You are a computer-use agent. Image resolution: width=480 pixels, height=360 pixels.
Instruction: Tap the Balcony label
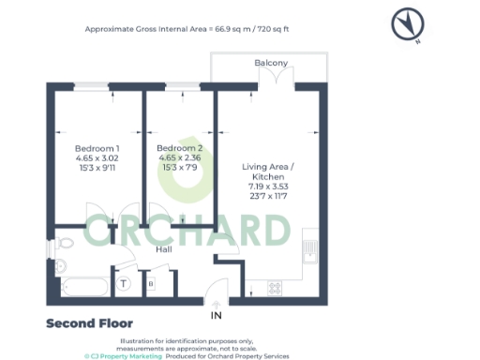coord(271,63)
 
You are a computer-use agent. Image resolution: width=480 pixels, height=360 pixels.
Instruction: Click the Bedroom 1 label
coord(97,149)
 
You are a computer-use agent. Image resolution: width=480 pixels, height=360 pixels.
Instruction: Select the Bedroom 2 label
coord(179,149)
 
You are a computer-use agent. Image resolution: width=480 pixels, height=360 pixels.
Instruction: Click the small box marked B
coord(151,283)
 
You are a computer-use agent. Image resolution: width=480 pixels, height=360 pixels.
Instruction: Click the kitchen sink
coord(308,248)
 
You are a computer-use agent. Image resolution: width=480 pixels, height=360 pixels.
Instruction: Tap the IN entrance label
coord(217,317)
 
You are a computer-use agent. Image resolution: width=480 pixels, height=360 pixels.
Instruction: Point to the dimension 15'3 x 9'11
coord(97,169)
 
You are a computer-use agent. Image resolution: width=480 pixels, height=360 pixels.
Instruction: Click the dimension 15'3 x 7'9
coord(179,169)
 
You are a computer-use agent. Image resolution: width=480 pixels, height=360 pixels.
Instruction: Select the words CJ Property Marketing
coord(126,355)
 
